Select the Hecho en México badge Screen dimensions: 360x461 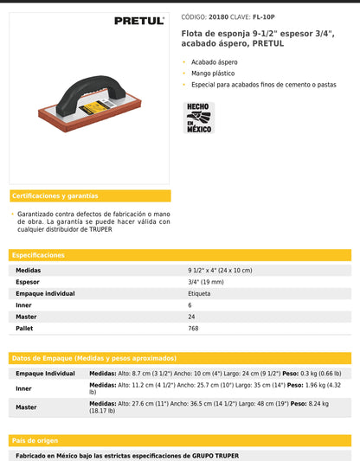(x=200, y=118)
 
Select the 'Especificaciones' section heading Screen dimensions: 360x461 (x=39, y=255)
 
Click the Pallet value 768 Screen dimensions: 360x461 (x=193, y=329)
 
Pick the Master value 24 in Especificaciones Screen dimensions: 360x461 (x=190, y=317)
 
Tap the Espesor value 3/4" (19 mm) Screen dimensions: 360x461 (x=207, y=282)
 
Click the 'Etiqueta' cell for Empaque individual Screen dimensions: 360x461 (x=199, y=293)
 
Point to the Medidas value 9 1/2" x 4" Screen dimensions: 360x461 (x=220, y=271)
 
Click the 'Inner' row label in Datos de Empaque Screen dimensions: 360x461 (x=24, y=388)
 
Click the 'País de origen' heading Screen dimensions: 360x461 (x=35, y=440)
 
